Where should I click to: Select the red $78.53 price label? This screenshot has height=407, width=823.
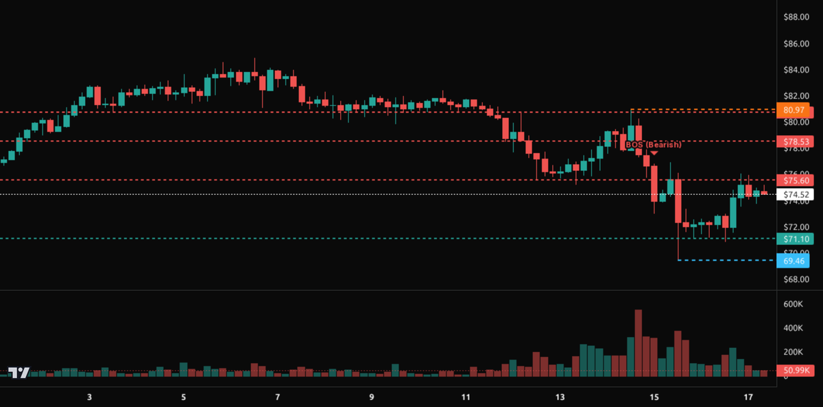pos(792,141)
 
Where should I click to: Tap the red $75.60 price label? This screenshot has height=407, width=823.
pos(792,180)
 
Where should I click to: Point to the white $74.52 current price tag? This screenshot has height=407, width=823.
pos(792,194)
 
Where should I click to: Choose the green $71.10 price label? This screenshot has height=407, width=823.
pos(792,239)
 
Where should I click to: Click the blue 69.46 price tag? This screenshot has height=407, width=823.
pos(792,260)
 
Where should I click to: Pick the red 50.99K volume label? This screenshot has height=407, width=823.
pos(792,371)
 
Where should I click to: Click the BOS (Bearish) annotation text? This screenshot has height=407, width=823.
pos(653,145)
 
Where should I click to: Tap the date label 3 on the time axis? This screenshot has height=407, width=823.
pos(90,397)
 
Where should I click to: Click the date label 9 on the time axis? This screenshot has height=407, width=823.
pos(371,397)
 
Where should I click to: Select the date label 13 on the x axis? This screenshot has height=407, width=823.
pos(560,397)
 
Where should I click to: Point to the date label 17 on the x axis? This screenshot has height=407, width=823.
pos(748,397)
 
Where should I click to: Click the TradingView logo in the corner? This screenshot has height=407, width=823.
pos(19,372)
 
